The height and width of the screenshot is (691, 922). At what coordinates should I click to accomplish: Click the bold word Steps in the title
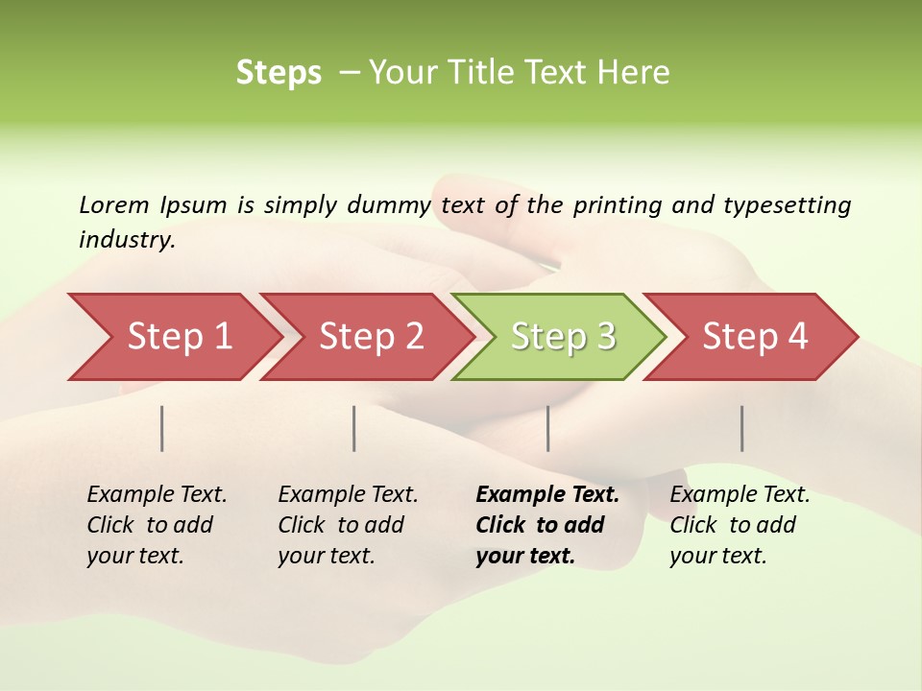[279, 73]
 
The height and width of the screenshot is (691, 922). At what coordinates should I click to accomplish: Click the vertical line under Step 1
[162, 428]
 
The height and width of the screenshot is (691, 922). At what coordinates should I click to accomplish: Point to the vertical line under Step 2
[354, 428]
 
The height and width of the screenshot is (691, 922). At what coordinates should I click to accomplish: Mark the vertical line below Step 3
[548, 428]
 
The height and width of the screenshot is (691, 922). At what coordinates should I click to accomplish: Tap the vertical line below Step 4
[742, 428]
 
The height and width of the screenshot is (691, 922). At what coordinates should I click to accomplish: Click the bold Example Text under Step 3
[547, 495]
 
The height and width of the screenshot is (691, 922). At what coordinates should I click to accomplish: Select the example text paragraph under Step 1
[156, 525]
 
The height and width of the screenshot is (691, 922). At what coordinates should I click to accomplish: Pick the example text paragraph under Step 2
[347, 525]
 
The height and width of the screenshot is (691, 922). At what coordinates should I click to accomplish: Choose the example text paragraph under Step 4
[739, 525]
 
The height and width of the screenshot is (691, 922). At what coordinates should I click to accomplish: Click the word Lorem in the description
[113, 205]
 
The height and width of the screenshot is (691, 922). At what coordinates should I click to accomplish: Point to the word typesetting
[787, 205]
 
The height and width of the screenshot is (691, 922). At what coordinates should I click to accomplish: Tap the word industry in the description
[126, 240]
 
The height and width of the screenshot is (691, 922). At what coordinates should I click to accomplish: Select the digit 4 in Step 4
[797, 337]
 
